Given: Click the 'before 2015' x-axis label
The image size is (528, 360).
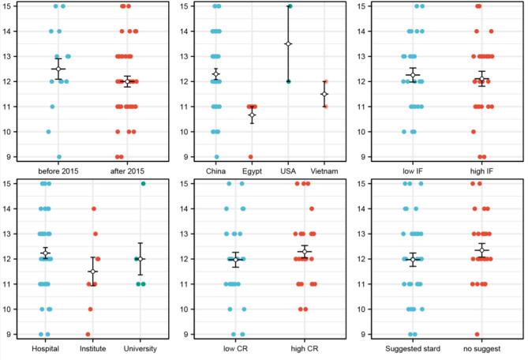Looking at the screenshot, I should click(x=59, y=170).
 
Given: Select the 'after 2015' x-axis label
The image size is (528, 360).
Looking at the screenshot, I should click(x=127, y=170).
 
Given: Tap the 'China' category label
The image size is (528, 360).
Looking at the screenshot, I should click(x=215, y=170).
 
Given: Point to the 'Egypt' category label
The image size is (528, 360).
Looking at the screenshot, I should click(x=251, y=170).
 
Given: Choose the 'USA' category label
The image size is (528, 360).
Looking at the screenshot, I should click(x=288, y=170).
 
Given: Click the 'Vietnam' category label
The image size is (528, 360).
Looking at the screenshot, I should click(x=324, y=170).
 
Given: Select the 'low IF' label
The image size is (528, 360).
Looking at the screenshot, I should click(x=414, y=170).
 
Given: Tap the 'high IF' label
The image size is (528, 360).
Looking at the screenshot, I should click(x=481, y=170).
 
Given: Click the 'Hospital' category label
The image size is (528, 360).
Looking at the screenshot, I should click(x=45, y=348).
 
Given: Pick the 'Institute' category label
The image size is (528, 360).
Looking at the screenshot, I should click(x=92, y=348).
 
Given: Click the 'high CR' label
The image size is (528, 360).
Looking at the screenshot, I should click(x=304, y=348).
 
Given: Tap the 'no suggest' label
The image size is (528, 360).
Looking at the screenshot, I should click(x=481, y=348).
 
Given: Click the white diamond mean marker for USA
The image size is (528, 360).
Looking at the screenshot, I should click(x=288, y=43).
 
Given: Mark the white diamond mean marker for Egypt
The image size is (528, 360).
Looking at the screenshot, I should click(x=252, y=115).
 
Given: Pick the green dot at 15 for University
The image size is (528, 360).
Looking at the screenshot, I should click(x=143, y=184).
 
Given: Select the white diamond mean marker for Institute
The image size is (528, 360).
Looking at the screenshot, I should click(x=93, y=272).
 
